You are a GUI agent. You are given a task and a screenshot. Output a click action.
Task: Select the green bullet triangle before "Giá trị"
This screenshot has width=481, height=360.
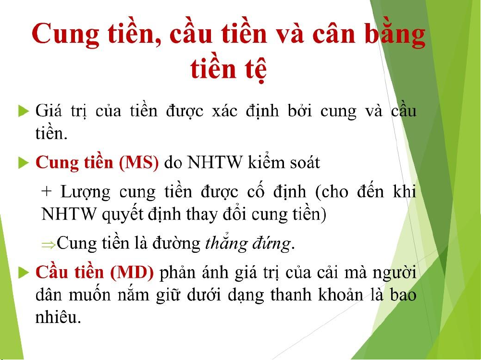(x=24, y=111)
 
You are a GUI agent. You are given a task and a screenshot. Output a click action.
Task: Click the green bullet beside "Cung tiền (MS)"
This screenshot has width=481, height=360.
(x=24, y=162)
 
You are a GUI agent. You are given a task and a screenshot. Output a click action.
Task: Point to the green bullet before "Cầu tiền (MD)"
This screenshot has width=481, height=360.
(x=24, y=272)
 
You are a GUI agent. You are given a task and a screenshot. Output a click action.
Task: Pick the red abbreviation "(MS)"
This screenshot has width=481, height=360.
(x=139, y=162)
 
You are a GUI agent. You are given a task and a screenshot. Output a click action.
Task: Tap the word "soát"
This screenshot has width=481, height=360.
(x=305, y=162)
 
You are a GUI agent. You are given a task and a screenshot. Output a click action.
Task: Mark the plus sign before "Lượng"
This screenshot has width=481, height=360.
(x=46, y=192)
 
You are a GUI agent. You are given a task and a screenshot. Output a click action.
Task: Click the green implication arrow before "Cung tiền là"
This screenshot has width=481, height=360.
(x=49, y=245)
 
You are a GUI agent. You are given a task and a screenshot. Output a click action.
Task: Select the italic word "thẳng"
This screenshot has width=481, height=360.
(x=226, y=243)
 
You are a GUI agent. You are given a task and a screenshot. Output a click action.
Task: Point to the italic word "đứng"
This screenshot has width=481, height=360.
(x=271, y=244)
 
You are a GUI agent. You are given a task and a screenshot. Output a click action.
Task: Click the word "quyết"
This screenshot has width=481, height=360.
(x=123, y=213)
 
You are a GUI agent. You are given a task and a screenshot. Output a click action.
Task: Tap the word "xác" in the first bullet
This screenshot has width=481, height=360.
(x=224, y=111)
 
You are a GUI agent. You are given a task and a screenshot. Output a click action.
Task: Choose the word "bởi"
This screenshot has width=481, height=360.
(x=300, y=111)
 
